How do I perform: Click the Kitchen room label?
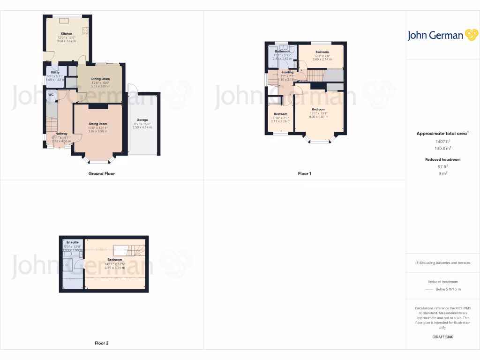(67, 34)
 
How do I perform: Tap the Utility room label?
(55, 72)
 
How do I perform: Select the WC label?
(51, 95)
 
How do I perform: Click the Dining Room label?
(100, 79)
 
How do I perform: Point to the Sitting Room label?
(98, 124)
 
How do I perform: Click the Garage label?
(142, 120)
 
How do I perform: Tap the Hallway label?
(61, 134)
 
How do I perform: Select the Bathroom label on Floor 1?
(282, 51)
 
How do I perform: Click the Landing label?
(287, 72)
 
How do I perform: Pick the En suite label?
(72, 242)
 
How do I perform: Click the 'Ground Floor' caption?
(102, 173)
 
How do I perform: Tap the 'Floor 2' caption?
(102, 343)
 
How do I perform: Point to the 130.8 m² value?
(442, 148)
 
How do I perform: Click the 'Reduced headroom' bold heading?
(442, 159)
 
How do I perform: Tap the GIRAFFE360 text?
(442, 337)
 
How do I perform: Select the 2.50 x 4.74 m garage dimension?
(142, 127)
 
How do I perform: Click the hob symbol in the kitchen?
(85, 31)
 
